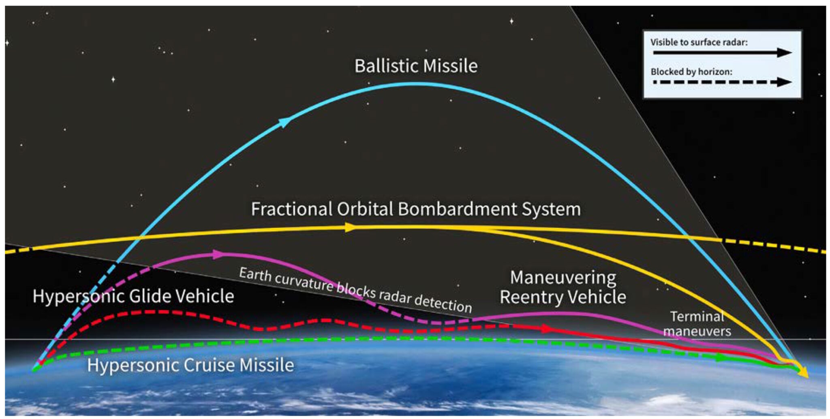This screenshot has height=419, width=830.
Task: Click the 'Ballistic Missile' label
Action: pos(416,66)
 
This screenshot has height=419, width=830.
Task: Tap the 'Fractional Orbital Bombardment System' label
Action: pos(416,209)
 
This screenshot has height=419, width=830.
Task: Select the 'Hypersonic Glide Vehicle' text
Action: pos(133,296)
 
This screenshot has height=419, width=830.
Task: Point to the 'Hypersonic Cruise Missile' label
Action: pos(190,365)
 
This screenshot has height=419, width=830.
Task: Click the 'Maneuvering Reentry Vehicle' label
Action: pos(563,287)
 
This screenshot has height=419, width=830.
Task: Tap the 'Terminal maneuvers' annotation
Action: pos(697,324)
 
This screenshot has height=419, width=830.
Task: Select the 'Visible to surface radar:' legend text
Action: pos(699,42)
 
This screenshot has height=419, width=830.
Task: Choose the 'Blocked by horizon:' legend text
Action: pos(691,72)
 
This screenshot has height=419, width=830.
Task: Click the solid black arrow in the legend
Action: pos(721,53)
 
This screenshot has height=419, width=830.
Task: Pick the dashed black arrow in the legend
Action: pos(721,82)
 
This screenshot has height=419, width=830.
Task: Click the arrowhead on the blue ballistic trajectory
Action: pos(285,121)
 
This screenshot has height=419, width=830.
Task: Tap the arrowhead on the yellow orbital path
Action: pos(349,228)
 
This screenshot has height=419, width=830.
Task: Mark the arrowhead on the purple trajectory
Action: pos(218,254)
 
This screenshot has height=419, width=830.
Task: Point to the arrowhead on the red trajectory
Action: pos(547,329)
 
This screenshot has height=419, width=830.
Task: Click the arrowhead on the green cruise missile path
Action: pos(720,357)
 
